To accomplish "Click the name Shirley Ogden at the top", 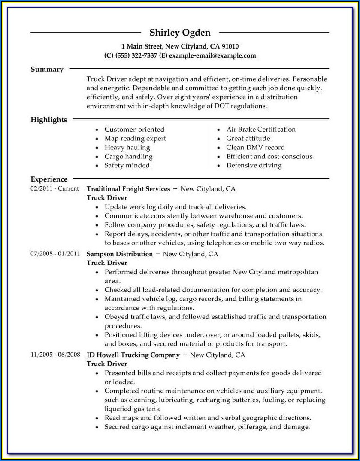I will (x=180, y=33).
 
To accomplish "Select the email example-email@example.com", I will (x=212, y=55).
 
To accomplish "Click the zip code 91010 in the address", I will (x=230, y=46).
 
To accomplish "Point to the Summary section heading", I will (x=47, y=69).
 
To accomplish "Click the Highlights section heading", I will (x=48, y=120).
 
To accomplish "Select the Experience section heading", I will (x=49, y=179).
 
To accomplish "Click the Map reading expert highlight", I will (x=135, y=138).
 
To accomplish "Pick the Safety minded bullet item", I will (x=127, y=165).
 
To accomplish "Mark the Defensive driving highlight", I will (x=254, y=165).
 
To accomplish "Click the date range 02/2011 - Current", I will (x=54, y=188).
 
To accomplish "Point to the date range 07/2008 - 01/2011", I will (x=55, y=254).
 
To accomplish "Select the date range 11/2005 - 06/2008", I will (x=55, y=355).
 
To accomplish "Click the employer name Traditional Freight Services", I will (x=128, y=189).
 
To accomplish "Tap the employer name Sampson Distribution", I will (x=120, y=254).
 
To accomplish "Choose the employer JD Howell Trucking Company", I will (x=133, y=355).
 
